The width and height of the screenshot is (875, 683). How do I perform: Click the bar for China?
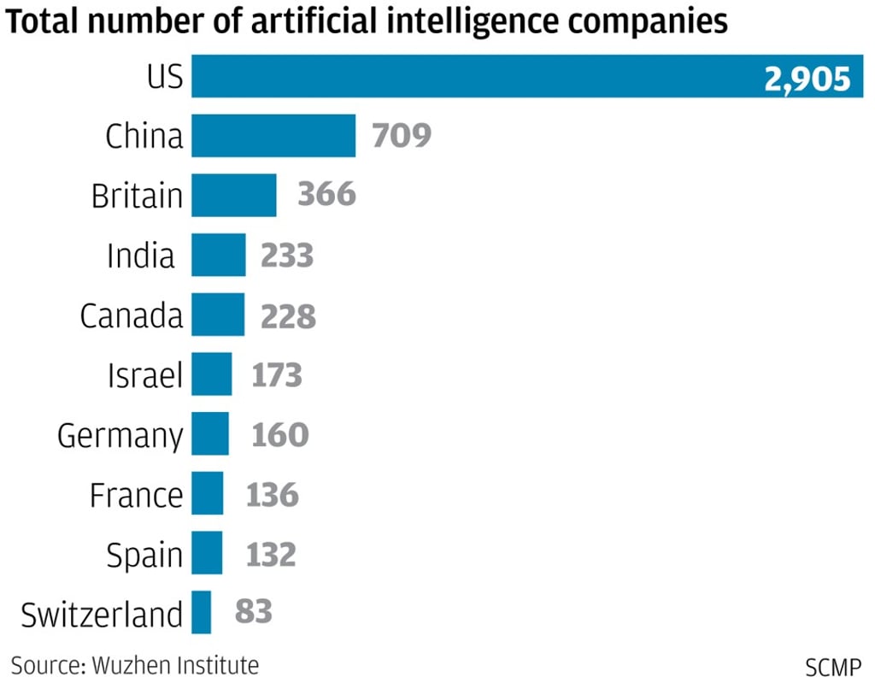273,136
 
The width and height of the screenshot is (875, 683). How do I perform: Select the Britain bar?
233,195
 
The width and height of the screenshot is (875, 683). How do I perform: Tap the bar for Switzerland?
201,612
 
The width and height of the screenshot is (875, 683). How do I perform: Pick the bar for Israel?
211,374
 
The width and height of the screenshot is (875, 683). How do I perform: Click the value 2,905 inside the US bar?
807,78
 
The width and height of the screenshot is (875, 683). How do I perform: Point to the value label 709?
402,136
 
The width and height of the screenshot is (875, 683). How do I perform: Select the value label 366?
326,195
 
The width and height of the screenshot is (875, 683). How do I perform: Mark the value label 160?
279,434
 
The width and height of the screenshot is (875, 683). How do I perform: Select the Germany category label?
120,436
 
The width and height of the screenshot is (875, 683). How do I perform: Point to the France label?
136,495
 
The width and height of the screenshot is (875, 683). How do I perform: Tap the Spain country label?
144,556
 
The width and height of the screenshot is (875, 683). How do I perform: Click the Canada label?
132,315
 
